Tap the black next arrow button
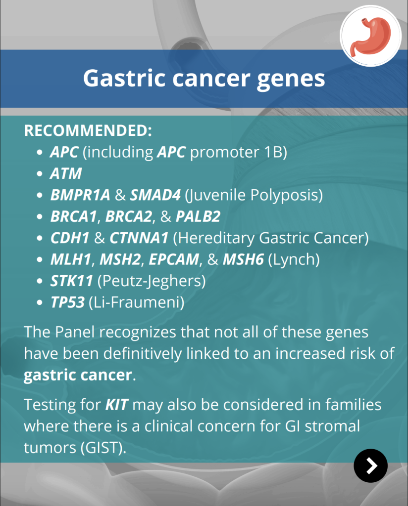(x=370, y=465)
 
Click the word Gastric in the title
(x=124, y=79)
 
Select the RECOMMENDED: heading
(x=88, y=130)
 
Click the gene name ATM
(x=66, y=173)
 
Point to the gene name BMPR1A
(x=80, y=195)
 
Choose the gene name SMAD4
(x=155, y=195)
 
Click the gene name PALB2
(x=198, y=216)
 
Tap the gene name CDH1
(x=70, y=238)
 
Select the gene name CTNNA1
(x=139, y=238)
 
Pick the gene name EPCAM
(x=174, y=259)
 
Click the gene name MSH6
(x=244, y=259)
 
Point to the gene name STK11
(x=71, y=281)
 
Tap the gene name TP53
(x=67, y=302)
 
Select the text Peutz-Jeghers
(x=152, y=281)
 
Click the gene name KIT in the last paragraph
(x=117, y=405)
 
